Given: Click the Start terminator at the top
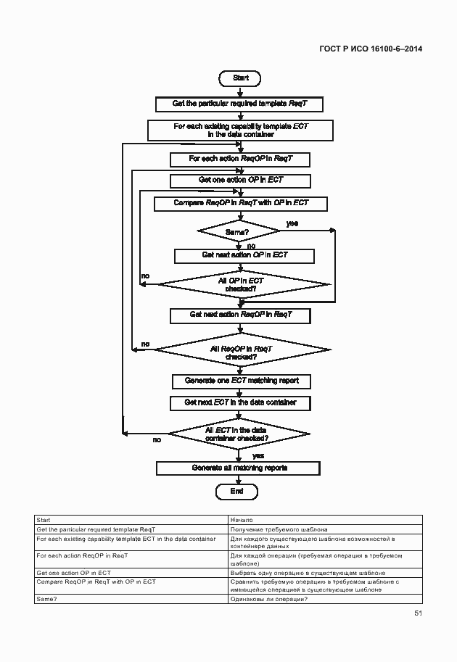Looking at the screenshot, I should point(240,78).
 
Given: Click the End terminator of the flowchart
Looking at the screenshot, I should point(236,491).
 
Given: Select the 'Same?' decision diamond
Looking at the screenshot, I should point(239,232).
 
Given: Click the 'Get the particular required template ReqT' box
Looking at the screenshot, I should point(239,104).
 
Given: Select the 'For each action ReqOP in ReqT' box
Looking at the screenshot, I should point(240,158).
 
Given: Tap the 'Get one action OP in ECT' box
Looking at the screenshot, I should point(240,180).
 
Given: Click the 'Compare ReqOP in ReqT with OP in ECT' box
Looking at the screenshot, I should point(241,203).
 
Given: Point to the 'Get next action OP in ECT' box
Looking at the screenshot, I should point(244,255).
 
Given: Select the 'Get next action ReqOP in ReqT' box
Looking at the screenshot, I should point(240,315).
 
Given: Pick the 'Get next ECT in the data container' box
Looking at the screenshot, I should point(240,402).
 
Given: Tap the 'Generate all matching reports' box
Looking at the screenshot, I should point(239,468).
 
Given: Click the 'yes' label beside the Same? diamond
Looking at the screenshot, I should point(292,223).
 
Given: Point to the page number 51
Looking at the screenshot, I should point(418,613).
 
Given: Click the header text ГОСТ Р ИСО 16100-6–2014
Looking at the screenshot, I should point(371,49).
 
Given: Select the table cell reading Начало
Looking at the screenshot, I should point(325,520).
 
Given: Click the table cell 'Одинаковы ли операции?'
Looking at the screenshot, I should point(325,599).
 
